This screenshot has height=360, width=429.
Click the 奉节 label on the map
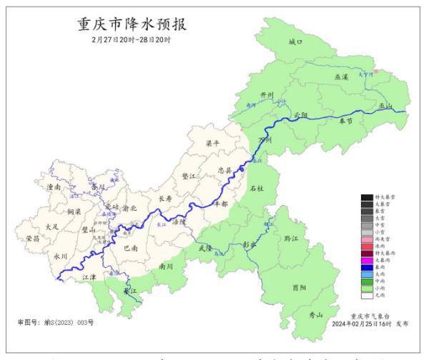coord(346,121)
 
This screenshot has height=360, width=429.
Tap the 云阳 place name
coord(302,115)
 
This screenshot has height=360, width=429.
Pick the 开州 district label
coord(267,95)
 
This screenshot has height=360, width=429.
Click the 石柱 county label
coord(257,189)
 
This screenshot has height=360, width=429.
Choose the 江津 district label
coord(89,276)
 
